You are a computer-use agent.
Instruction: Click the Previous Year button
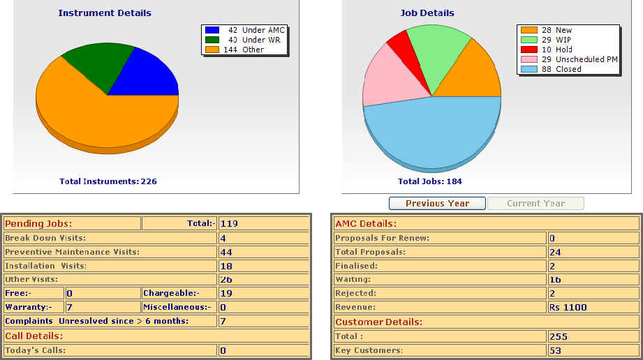(437, 203)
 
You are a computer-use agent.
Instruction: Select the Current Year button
(535, 203)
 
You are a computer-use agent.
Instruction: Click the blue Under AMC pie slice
(150, 75)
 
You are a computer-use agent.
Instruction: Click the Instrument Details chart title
(105, 13)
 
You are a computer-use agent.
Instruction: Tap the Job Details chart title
(427, 13)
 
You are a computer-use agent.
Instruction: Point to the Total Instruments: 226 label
(108, 181)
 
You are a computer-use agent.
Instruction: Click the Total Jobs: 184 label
(430, 181)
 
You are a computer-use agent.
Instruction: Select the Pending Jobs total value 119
(229, 224)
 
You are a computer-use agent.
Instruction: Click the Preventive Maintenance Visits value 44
(226, 252)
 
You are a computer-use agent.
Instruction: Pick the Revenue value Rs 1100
(568, 308)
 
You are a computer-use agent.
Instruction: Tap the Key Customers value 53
(556, 350)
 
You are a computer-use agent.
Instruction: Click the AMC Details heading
(366, 224)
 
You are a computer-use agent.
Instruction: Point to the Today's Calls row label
(36, 350)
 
